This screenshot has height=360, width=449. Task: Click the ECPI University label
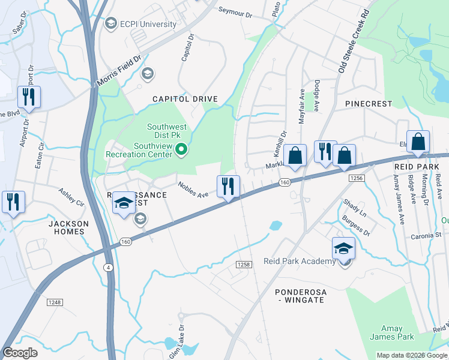[148, 24]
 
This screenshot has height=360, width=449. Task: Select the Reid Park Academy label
[300, 261]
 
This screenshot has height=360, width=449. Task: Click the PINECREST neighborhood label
[369, 104]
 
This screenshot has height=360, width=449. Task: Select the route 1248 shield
[55, 302]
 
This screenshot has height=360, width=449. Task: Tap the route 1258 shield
[243, 265]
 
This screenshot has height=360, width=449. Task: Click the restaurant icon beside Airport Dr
[29, 97]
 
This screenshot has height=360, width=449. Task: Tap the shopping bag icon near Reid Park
[418, 142]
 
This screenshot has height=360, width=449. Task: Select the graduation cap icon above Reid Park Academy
[344, 247]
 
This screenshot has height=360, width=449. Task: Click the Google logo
[20, 353]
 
